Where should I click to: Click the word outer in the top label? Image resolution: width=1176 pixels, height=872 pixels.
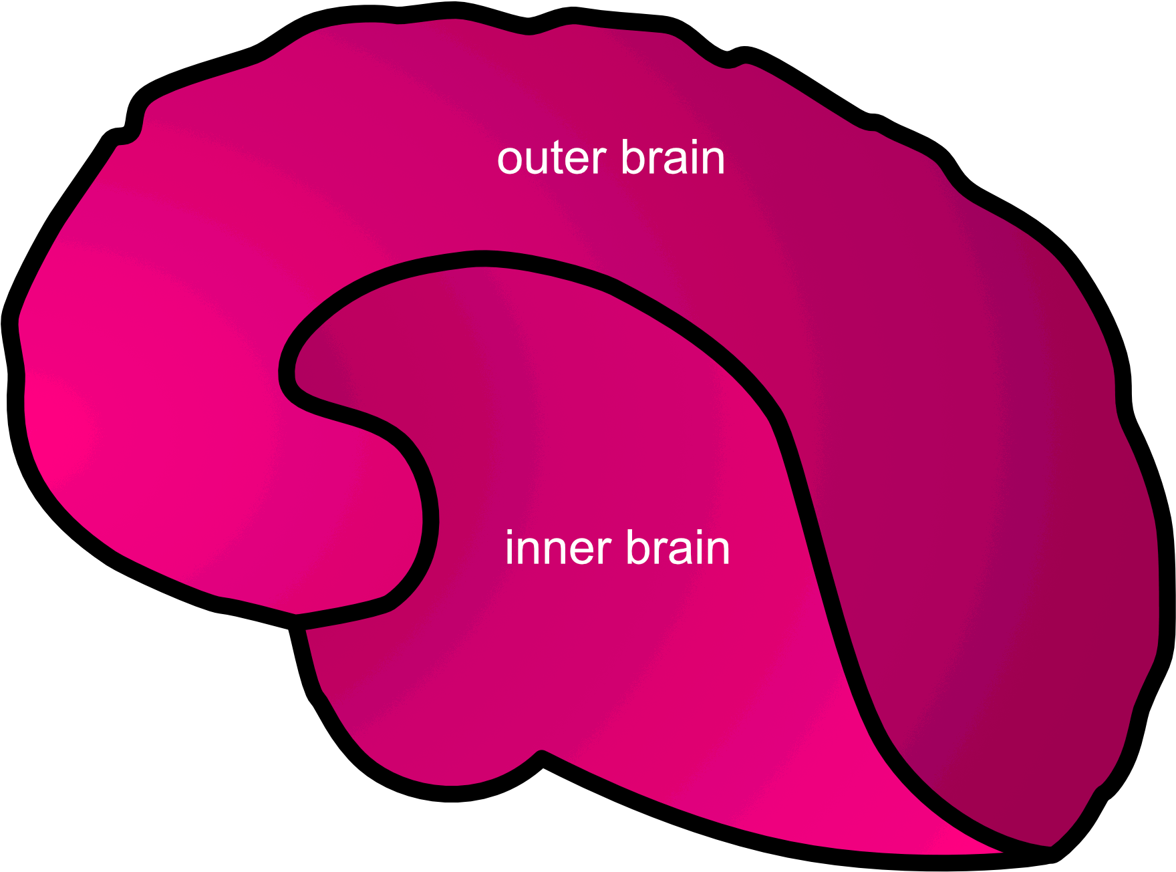coord(551,159)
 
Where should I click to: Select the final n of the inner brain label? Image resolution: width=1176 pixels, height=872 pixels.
coord(718,551)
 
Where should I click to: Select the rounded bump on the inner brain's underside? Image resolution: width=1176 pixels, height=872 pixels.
coord(468,768)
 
